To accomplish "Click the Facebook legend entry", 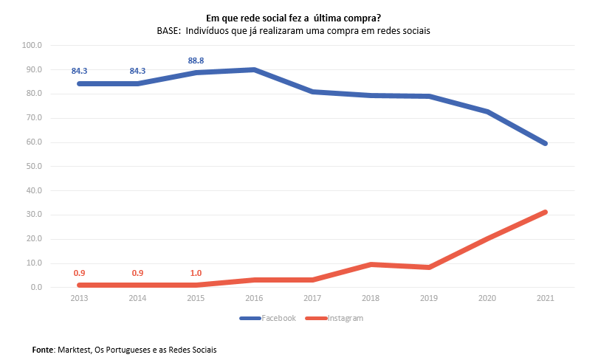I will coord(278,319).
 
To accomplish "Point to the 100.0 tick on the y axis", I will coord(33,46).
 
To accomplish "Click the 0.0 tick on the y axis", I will coord(37,288).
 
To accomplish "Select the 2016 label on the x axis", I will coord(254,300).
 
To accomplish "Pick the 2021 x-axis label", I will coord(545,300).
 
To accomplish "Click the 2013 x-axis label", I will coord(79,300).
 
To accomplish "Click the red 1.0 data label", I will coord(196,274).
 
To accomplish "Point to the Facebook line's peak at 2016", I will coord(254,69).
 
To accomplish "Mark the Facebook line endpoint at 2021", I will coord(545,143).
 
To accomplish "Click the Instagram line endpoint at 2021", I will coord(545,212).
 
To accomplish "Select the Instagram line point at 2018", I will coord(370,264).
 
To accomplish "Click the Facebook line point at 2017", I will coord(312,91).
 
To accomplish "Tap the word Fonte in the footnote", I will coord(43,349).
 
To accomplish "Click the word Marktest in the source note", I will coord(74,349).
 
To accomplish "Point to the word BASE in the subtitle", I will coord(168,31).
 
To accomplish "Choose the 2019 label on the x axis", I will coord(428,300).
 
